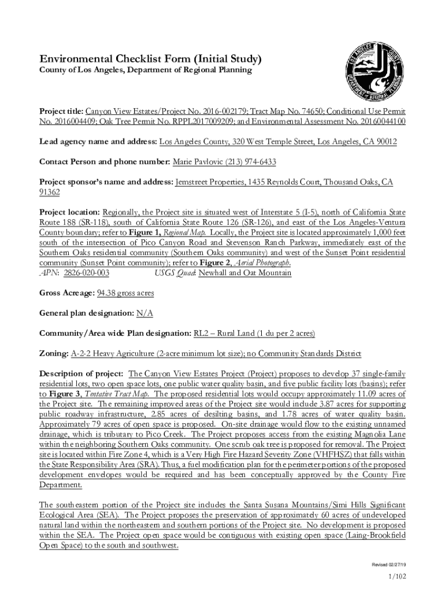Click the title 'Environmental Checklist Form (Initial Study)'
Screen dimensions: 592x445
tap(150, 59)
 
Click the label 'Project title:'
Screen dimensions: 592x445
tap(61, 110)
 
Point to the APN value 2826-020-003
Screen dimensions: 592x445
tap(87, 273)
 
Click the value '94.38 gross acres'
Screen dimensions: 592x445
tap(125, 293)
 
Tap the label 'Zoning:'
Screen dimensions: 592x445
tap(54, 353)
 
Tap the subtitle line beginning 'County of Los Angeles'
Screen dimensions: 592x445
tap(146, 70)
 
